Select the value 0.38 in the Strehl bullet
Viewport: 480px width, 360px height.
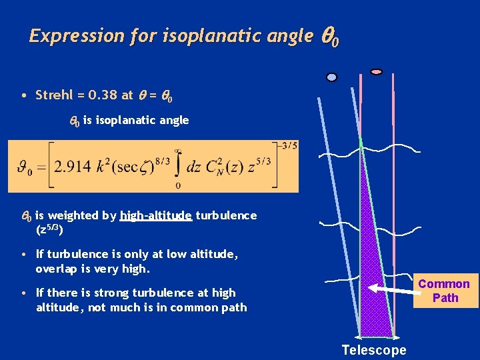pos(100,95)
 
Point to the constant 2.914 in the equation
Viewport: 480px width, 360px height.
pos(74,167)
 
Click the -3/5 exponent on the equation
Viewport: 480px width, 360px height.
pos(289,145)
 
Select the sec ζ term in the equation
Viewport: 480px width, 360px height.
pos(136,167)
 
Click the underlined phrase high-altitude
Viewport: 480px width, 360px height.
pos(156,215)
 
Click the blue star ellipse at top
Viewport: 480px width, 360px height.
pos(331,77)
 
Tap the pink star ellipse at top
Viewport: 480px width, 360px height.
pos(376,71)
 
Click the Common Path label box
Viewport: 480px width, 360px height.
pos(445,291)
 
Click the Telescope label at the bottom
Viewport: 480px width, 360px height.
pos(373,350)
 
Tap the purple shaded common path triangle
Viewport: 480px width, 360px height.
pos(373,267)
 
